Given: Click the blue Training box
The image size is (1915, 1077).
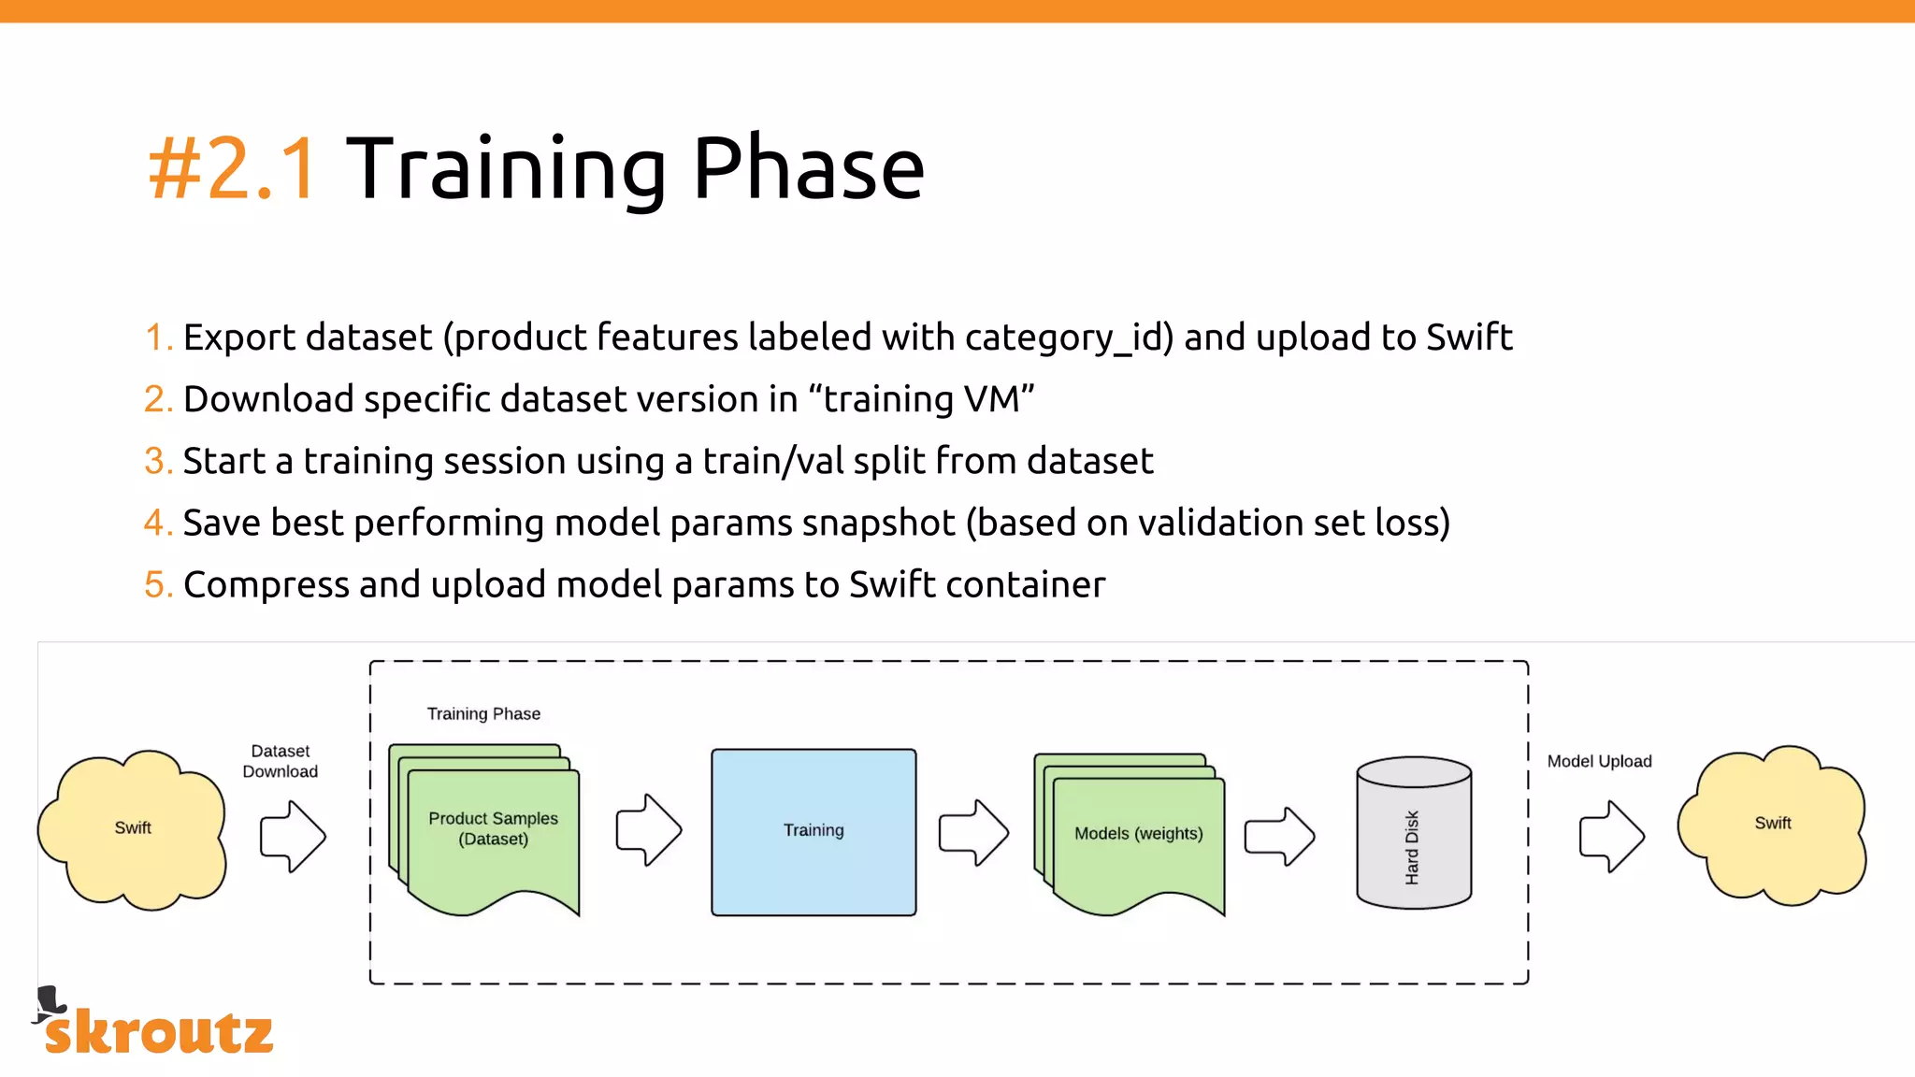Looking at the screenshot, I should click(x=814, y=831).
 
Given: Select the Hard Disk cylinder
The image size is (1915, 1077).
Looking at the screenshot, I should click(x=1414, y=833).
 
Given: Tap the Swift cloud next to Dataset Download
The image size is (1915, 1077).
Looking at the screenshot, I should click(x=133, y=828).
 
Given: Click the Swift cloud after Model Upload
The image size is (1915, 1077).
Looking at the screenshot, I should click(x=1772, y=824).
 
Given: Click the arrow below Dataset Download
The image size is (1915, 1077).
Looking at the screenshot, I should click(x=293, y=836).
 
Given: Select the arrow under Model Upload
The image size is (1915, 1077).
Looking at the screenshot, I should click(x=1611, y=836).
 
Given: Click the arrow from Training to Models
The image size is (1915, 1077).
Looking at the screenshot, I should click(x=973, y=832).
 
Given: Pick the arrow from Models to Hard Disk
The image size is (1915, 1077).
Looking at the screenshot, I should click(x=1279, y=836).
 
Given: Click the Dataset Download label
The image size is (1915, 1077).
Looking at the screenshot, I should click(x=281, y=761).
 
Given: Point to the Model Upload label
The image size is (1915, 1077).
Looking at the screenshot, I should click(x=1599, y=761).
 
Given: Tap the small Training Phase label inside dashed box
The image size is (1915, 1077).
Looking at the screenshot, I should click(x=483, y=714).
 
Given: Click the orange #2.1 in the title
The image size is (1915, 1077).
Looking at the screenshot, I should click(x=232, y=169).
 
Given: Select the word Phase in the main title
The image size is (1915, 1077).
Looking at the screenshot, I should click(x=808, y=169).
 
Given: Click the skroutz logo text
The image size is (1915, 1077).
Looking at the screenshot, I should click(x=159, y=1032).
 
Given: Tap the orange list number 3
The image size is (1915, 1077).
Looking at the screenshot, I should click(x=156, y=461).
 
